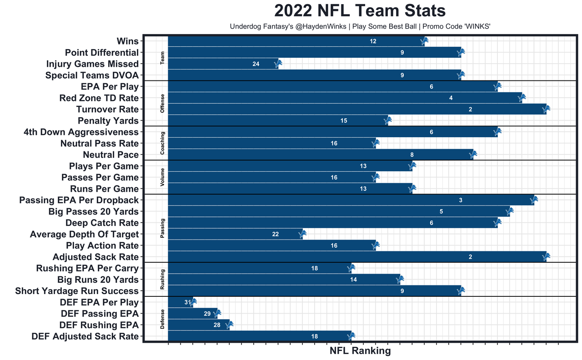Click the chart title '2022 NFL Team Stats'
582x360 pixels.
click(x=360, y=11)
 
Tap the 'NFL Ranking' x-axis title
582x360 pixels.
click(x=360, y=351)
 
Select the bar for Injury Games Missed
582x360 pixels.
click(x=223, y=64)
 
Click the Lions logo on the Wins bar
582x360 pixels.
click(x=424, y=41)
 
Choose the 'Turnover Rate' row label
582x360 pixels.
click(x=107, y=110)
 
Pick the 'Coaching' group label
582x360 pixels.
click(x=163, y=143)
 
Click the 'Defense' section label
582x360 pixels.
click(x=163, y=319)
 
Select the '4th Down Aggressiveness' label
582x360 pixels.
click(x=81, y=132)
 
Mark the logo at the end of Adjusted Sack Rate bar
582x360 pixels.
click(x=547, y=257)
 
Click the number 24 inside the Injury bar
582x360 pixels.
click(x=256, y=64)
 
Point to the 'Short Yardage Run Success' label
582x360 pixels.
click(x=77, y=291)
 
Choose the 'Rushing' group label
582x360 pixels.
click(x=163, y=280)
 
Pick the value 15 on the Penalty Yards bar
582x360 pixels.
click(x=344, y=121)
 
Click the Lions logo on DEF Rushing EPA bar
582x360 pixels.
click(x=229, y=325)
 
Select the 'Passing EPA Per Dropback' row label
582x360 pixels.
click(x=79, y=200)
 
